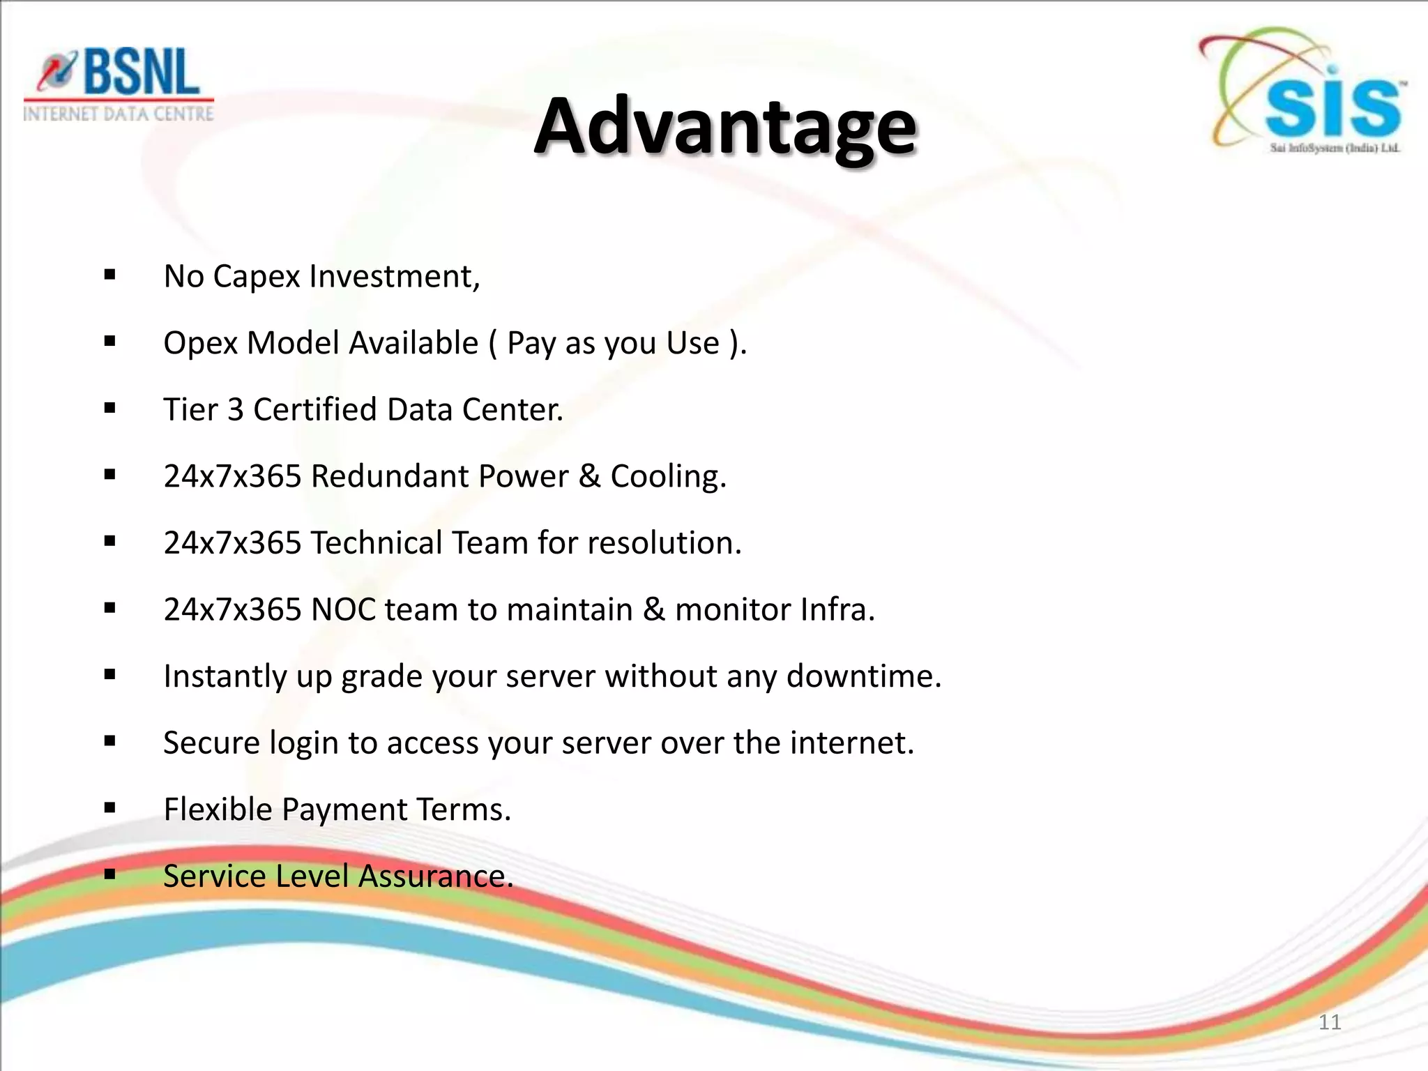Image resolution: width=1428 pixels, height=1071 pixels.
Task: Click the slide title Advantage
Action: pos(725,127)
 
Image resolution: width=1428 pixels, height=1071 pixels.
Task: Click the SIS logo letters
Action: pos(1332,108)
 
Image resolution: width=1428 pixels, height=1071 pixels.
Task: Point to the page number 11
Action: pos(1330,1022)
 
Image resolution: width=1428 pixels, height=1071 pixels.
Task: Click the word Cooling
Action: pos(667,477)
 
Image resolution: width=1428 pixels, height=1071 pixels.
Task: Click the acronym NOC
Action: pos(344,609)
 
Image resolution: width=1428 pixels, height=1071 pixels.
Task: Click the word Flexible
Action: pos(218,810)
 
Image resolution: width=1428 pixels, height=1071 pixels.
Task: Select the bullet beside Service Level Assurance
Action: pos(109,875)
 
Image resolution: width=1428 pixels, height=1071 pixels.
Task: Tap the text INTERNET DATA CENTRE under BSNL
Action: pos(119,114)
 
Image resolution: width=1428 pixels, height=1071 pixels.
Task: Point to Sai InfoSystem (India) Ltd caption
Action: pos(1335,148)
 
